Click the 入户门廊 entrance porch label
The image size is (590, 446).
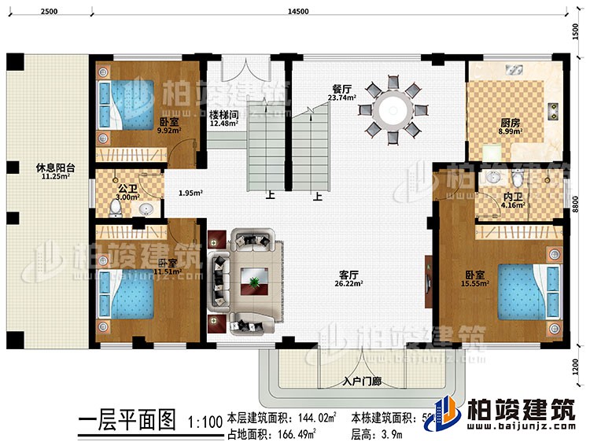tap(363, 382)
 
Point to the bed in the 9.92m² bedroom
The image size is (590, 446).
tap(124, 105)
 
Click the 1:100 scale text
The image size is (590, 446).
tap(201, 422)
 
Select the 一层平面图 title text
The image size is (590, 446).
tap(127, 422)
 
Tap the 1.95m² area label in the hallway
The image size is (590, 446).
tap(189, 193)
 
